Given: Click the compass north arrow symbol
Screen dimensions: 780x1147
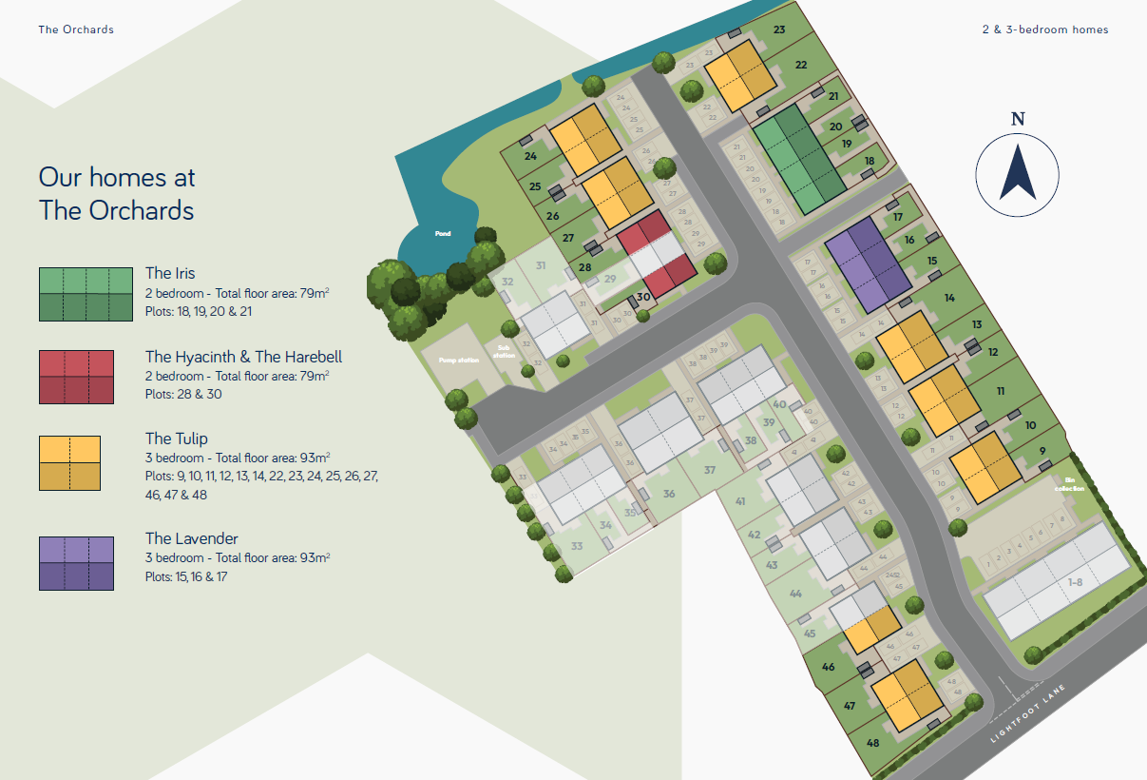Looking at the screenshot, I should [x=1018, y=171].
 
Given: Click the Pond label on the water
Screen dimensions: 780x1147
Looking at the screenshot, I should [x=443, y=233].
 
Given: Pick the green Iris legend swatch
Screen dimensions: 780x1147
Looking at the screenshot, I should [x=86, y=294].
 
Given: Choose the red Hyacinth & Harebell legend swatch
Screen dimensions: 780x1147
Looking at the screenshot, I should [x=76, y=377].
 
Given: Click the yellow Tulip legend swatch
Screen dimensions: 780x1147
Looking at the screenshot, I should [x=69, y=463].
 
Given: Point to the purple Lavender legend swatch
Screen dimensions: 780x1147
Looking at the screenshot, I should [x=76, y=563].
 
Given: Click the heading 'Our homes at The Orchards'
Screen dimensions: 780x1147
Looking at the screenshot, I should [x=117, y=193].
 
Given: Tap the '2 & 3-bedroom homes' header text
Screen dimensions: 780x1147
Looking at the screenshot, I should [x=1045, y=29].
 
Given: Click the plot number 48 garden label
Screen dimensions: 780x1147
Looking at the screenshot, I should [x=873, y=742].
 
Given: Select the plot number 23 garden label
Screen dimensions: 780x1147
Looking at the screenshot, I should [x=779, y=30].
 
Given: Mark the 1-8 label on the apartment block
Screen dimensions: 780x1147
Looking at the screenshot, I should [x=1075, y=582].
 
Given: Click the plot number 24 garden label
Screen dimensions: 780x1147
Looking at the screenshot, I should [x=530, y=156].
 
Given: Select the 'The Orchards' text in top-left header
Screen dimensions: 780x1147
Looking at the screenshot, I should [x=76, y=29].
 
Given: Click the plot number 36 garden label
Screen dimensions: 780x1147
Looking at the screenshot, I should [x=669, y=494].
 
